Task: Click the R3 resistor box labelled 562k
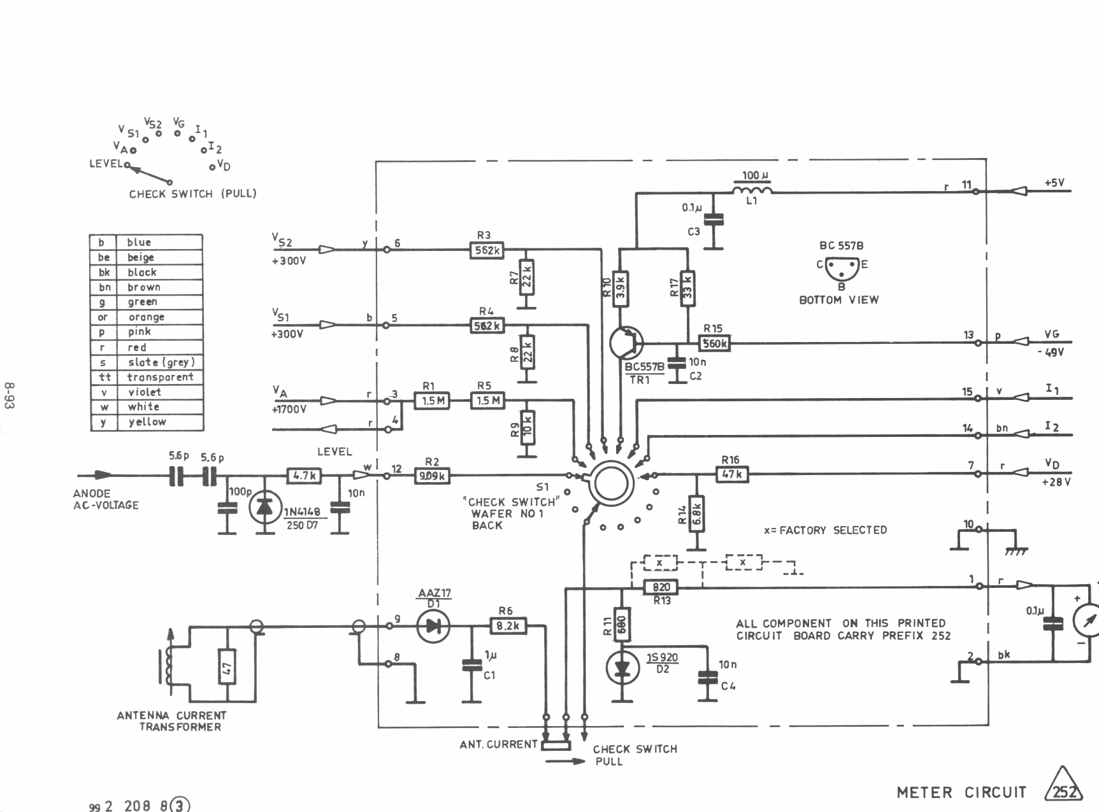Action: coord(486,250)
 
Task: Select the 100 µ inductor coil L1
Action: coord(752,189)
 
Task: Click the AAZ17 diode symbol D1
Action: coord(433,626)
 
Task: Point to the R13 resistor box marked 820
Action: coord(661,587)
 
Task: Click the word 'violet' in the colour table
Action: coord(145,392)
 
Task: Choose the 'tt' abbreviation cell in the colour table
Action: coord(104,377)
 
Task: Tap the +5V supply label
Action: coord(1054,183)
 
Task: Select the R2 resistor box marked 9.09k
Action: coord(432,475)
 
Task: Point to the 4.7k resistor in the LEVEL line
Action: coord(304,475)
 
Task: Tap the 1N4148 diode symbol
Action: coord(264,508)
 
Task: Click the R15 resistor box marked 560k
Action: coord(714,344)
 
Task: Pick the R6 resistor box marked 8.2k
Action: coord(508,626)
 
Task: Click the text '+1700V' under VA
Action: coord(289,410)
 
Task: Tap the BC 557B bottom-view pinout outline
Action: coord(842,267)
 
